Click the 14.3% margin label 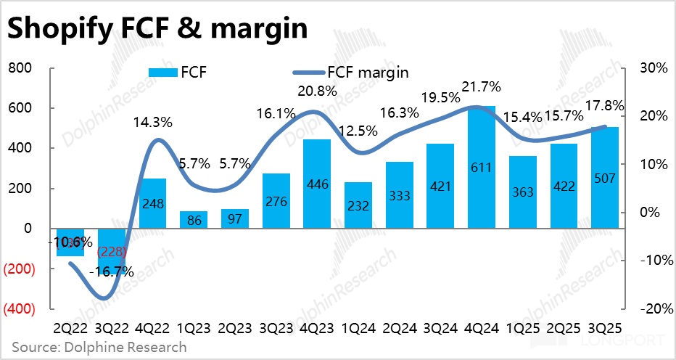pos(152,122)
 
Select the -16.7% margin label pos(112,272)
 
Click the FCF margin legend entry pos(350,72)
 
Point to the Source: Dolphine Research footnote pos(99,347)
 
